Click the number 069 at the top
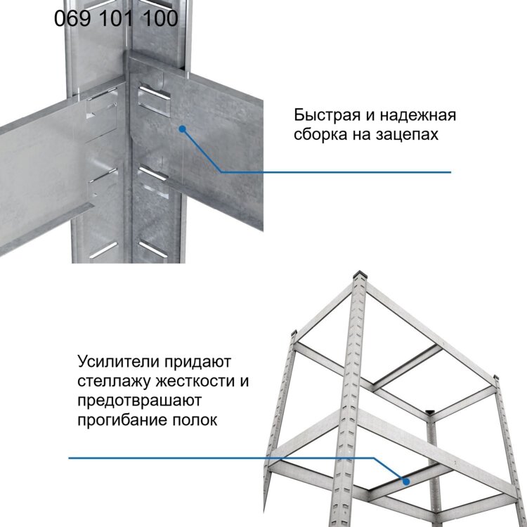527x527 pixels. click(x=72, y=18)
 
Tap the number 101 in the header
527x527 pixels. click(x=116, y=18)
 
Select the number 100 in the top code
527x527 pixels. click(x=160, y=18)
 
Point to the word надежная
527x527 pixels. click(x=418, y=115)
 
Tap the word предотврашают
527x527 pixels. click(x=140, y=401)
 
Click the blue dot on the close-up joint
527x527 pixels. click(x=182, y=129)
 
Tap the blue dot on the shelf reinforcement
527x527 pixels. click(x=406, y=481)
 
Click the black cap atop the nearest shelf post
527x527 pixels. click(x=360, y=273)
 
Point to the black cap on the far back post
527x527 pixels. click(x=430, y=411)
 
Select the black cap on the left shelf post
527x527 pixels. click(x=294, y=332)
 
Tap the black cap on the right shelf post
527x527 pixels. click(x=495, y=377)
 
